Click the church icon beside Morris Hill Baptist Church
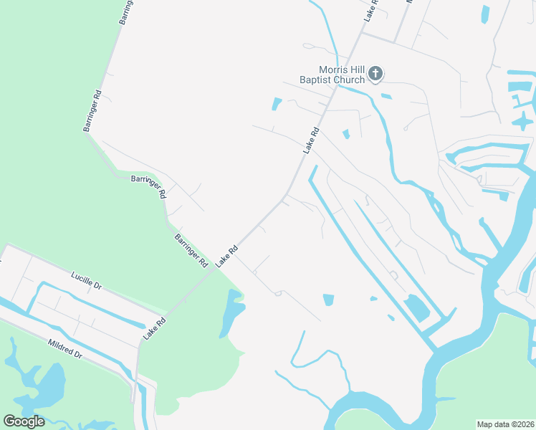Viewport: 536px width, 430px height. coord(375,73)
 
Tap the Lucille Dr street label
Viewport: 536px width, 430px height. coord(86,280)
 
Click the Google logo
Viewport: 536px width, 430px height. coord(24,421)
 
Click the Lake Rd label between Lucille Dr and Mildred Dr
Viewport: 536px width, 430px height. coord(154,328)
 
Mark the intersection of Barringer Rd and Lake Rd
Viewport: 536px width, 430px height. coord(216,269)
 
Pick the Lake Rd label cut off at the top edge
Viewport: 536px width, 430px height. coord(370,10)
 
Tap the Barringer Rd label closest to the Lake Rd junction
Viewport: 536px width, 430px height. coord(191,249)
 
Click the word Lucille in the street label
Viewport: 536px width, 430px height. coord(81,277)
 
